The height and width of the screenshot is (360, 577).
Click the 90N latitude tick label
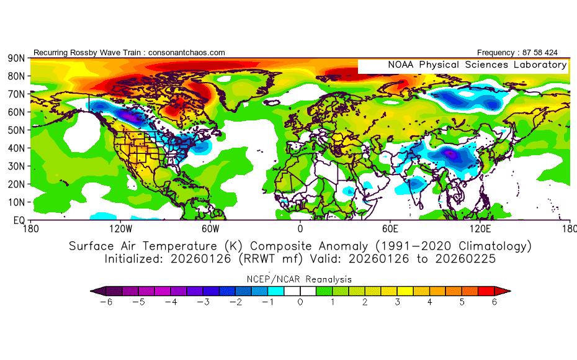(16, 58)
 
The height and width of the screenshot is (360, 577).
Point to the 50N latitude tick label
(16, 130)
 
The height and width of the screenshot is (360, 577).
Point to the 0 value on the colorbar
(300, 302)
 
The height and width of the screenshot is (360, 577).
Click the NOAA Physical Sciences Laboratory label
(477, 65)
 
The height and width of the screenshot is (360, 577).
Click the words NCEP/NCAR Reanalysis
(300, 279)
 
